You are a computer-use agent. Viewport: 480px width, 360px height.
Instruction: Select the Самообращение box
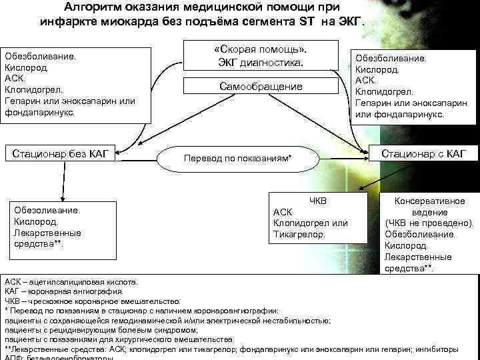pyautogui.click(x=261, y=87)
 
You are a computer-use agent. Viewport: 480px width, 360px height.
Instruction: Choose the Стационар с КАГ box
pyautogui.click(x=424, y=155)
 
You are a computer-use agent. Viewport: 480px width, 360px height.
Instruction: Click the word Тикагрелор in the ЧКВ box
pyautogui.click(x=299, y=234)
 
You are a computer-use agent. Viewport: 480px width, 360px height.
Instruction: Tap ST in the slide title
pyautogui.click(x=304, y=21)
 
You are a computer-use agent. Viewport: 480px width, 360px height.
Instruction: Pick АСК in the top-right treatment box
pyautogui.click(x=365, y=80)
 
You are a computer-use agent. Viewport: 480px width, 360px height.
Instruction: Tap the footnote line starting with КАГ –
pyautogui.click(x=64, y=291)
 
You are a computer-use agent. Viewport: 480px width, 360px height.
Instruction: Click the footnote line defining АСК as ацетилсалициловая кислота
pyautogui.click(x=71, y=282)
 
